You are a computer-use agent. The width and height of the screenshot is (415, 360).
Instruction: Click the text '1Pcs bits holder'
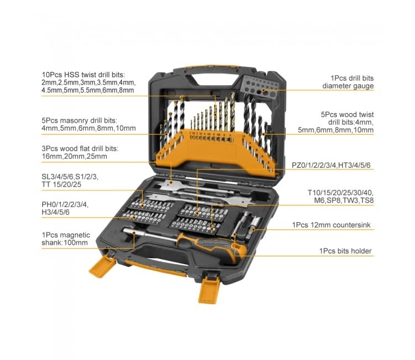345,251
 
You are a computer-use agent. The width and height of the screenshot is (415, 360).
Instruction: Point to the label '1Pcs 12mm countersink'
331,225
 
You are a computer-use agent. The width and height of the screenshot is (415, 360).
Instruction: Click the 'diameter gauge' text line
348,86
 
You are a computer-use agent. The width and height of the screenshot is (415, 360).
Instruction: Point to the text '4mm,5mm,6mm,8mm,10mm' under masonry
88,128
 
